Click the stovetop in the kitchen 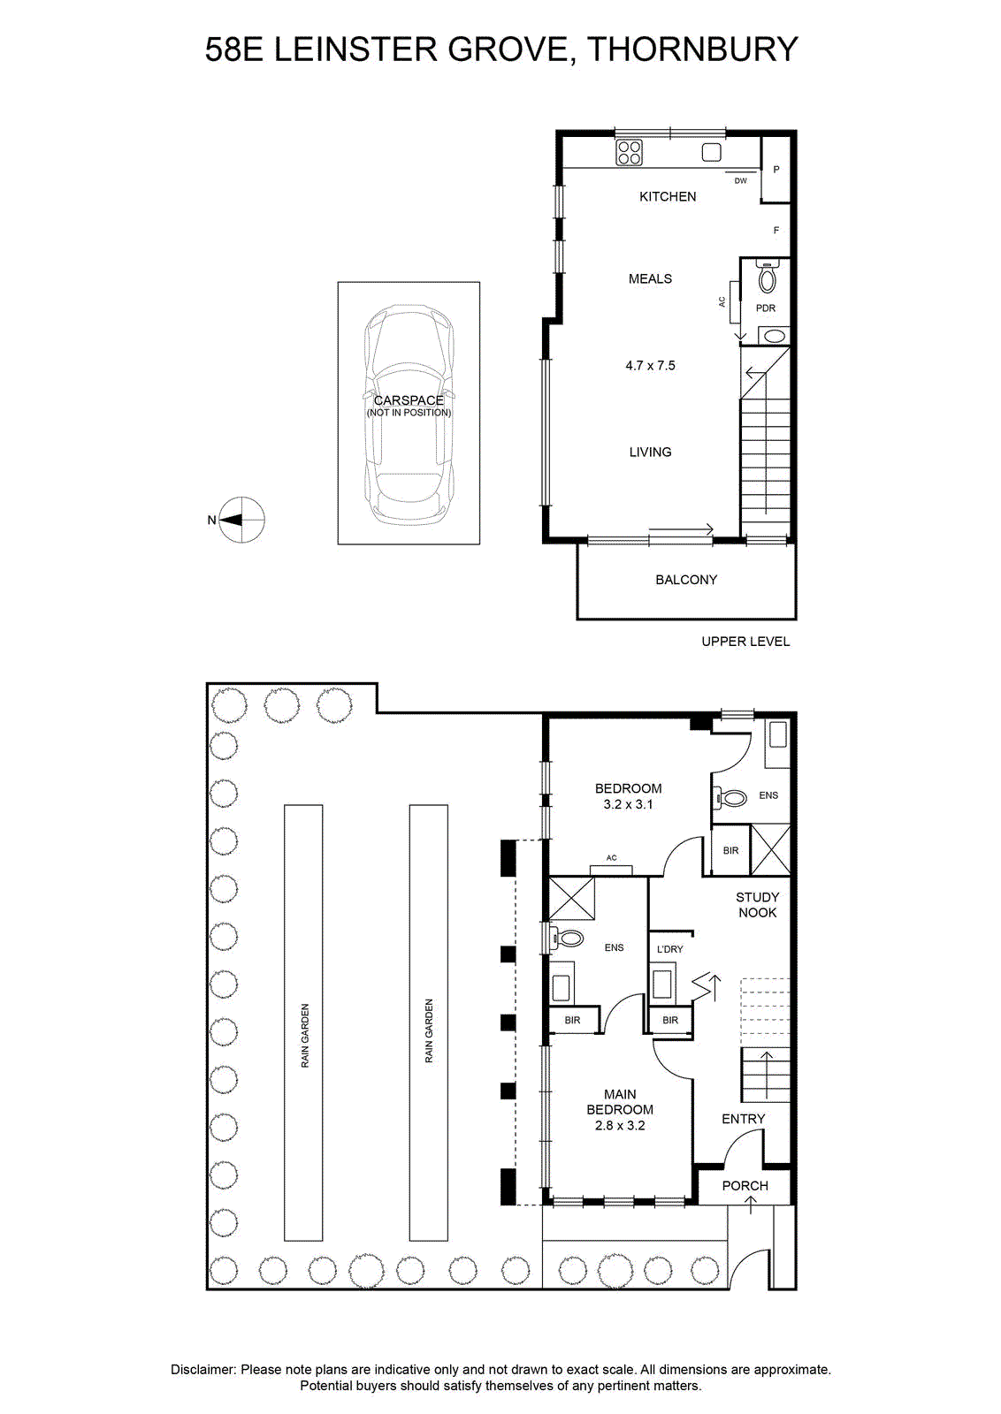(x=630, y=153)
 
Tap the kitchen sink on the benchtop (x=712, y=153)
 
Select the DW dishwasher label (x=741, y=180)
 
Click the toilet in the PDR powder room (x=767, y=277)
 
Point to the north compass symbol (x=241, y=520)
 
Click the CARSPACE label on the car (x=409, y=400)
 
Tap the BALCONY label (x=686, y=580)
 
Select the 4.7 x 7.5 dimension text (x=650, y=366)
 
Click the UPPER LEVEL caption (x=745, y=642)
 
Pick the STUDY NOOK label (x=757, y=905)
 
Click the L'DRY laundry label (x=670, y=949)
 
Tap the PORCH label (x=745, y=1185)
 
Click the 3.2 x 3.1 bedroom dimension (x=627, y=804)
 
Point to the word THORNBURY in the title (x=692, y=49)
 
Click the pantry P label (x=776, y=169)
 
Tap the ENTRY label (x=744, y=1119)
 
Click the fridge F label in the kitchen (x=776, y=231)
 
